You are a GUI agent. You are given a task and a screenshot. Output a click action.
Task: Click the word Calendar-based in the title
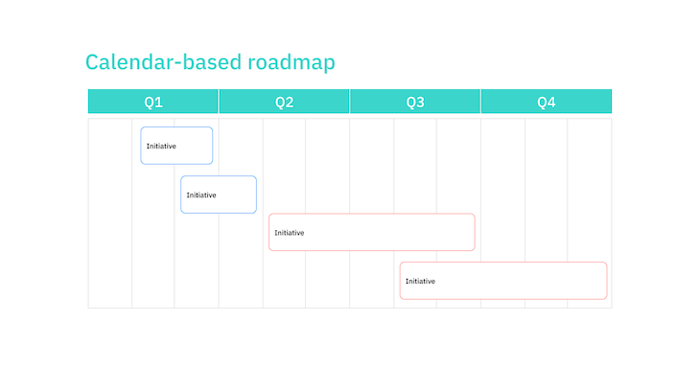tap(163, 62)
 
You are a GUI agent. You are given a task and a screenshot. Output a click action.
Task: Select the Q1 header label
tap(153, 102)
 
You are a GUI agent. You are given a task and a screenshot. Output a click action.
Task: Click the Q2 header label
tap(284, 102)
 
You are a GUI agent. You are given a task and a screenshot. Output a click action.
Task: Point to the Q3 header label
tap(415, 102)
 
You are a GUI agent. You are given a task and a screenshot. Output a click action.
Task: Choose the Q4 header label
tap(546, 102)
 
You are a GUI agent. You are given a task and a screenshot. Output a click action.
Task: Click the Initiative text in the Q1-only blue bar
tap(161, 146)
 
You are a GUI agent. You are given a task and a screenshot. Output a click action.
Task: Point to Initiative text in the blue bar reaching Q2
tap(201, 195)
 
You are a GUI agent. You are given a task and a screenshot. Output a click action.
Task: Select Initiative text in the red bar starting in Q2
tap(289, 232)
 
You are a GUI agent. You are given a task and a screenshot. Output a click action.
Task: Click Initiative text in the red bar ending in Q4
tap(420, 281)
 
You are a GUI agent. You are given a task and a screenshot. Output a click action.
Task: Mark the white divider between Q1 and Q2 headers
tap(219, 102)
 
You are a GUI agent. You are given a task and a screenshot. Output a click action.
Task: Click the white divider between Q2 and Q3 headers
tap(350, 102)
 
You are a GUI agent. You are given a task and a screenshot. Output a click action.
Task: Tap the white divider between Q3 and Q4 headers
tap(480, 102)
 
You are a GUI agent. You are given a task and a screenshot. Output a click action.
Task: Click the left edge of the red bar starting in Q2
tap(269, 232)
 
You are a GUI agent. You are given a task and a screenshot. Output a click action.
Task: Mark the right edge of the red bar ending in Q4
tap(607, 281)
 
